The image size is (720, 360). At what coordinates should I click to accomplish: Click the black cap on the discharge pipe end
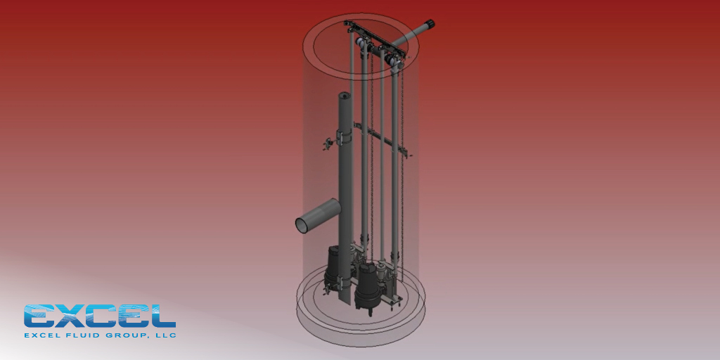click(428, 25)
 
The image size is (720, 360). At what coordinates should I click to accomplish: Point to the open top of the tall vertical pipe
click(345, 95)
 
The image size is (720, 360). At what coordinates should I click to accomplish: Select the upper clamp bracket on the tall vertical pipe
click(344, 137)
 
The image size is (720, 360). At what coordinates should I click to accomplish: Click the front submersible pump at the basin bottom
click(366, 284)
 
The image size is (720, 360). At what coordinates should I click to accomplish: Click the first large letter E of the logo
click(40, 316)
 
